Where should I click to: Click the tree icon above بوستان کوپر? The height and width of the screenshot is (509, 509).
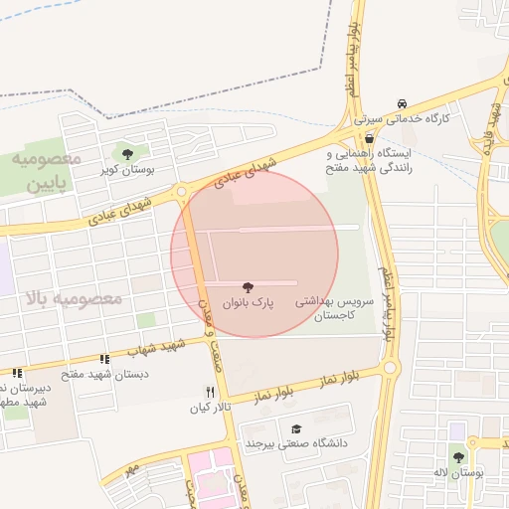pos(126,153)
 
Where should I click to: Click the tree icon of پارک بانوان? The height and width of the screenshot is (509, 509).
pos(248,285)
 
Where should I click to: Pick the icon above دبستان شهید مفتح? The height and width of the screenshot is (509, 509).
pos(104,359)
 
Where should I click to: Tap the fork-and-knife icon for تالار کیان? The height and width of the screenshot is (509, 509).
pos(210,392)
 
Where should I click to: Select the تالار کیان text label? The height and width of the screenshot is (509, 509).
pos(210,408)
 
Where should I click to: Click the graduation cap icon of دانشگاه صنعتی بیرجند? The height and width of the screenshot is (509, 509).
pos(296,427)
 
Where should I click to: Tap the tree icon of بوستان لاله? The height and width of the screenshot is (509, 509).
pos(458,457)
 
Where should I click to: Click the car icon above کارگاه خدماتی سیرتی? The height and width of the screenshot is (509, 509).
pos(401,103)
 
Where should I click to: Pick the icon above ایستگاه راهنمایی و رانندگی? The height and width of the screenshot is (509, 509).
pos(370,138)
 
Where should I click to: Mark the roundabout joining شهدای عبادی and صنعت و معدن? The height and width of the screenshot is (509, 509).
pos(181,192)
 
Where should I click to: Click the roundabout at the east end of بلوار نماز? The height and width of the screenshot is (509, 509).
pos(389,368)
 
